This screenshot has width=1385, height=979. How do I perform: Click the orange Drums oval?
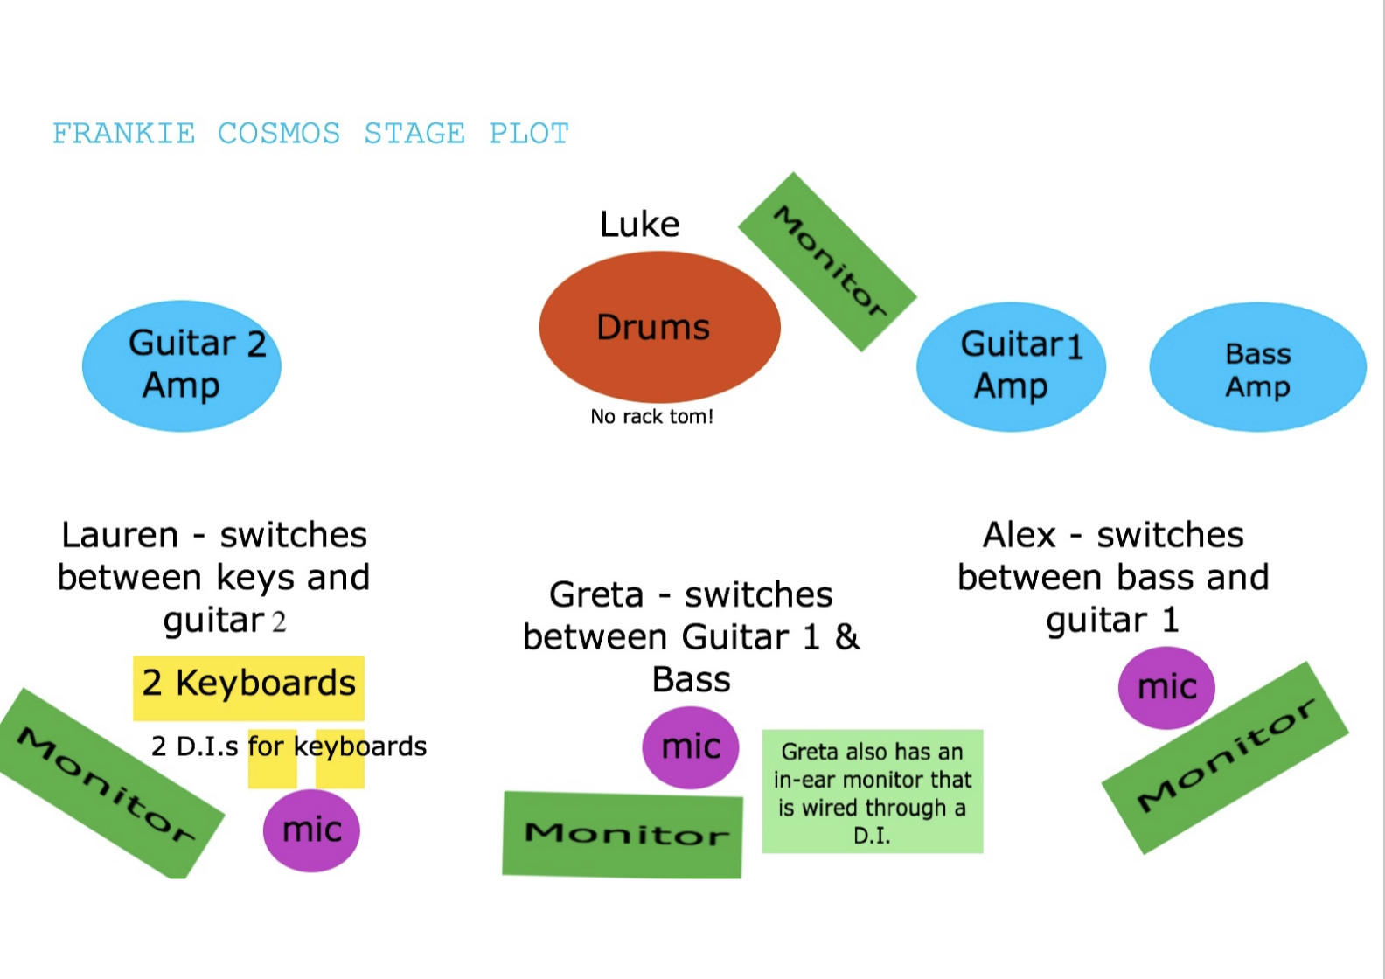pos(659,327)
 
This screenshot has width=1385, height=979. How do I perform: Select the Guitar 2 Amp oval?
pos(182,365)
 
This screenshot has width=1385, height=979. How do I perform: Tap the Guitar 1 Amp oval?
pos(1011,366)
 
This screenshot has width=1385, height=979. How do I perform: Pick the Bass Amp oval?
pos(1257,367)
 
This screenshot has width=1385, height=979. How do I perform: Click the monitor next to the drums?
pos(827,261)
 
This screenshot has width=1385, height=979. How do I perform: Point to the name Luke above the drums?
pos(639,225)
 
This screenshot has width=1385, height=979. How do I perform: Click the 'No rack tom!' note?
pos(651,417)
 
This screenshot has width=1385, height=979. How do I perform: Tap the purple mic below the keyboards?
pos(311,830)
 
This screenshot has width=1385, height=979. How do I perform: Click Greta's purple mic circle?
pos(691,747)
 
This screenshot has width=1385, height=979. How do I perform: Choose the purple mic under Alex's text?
pos(1166,687)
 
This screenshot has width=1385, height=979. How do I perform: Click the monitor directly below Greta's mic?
pos(623,835)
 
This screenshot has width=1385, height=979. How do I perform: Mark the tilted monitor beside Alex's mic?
pos(1224,757)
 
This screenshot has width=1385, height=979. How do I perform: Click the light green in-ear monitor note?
pos(873,792)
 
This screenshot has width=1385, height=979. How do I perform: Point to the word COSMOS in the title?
pos(279,134)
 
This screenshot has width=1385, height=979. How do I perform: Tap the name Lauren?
pos(120,535)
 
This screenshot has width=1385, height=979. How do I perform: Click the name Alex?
pos(1020,535)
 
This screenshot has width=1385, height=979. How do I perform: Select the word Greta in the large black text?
pos(596,595)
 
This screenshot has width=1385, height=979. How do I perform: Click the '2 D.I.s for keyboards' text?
pos(289,746)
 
